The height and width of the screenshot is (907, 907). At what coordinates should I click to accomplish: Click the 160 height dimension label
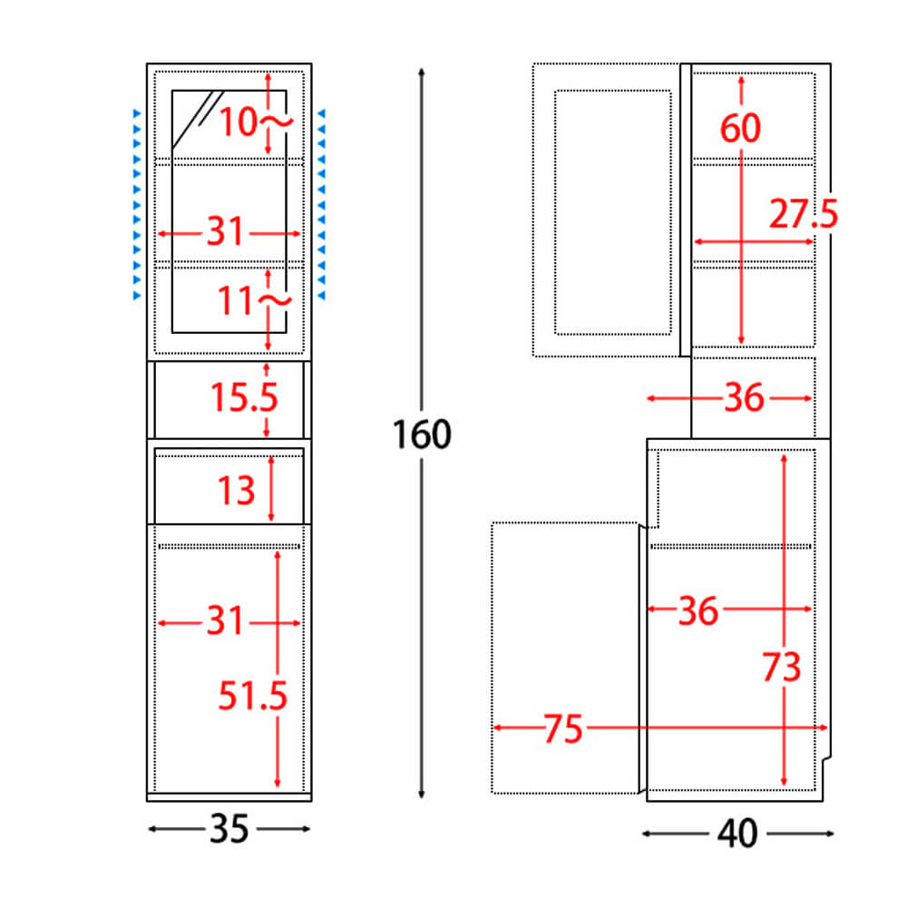(422, 434)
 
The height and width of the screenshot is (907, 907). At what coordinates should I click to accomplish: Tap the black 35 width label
(229, 829)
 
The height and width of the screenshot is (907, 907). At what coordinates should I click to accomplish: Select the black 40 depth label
(737, 834)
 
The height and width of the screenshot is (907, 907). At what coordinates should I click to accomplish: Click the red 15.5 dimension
(244, 397)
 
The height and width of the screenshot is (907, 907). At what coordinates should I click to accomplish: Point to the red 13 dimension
(236, 491)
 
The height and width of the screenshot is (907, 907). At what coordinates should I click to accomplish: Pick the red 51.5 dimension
(253, 696)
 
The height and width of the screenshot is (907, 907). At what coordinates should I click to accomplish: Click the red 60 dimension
(740, 128)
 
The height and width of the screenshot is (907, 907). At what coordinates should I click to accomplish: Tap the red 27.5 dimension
(804, 213)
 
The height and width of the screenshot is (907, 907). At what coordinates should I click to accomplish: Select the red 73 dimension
(782, 667)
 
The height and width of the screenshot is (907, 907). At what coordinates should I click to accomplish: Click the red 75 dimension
(563, 729)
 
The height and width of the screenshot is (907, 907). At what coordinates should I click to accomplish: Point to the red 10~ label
(256, 122)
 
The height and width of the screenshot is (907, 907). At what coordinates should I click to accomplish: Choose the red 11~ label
(255, 300)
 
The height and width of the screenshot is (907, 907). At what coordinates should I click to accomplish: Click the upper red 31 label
(226, 231)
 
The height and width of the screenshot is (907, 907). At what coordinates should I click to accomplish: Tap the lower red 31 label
(226, 620)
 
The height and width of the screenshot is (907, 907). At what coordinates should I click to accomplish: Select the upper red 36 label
(745, 397)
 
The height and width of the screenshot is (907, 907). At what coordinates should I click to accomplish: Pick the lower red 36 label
(698, 610)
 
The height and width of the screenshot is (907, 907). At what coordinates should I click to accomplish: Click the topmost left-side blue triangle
(137, 113)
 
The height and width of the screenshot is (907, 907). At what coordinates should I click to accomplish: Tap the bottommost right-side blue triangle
(322, 296)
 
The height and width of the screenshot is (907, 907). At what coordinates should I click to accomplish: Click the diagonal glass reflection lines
(198, 117)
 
